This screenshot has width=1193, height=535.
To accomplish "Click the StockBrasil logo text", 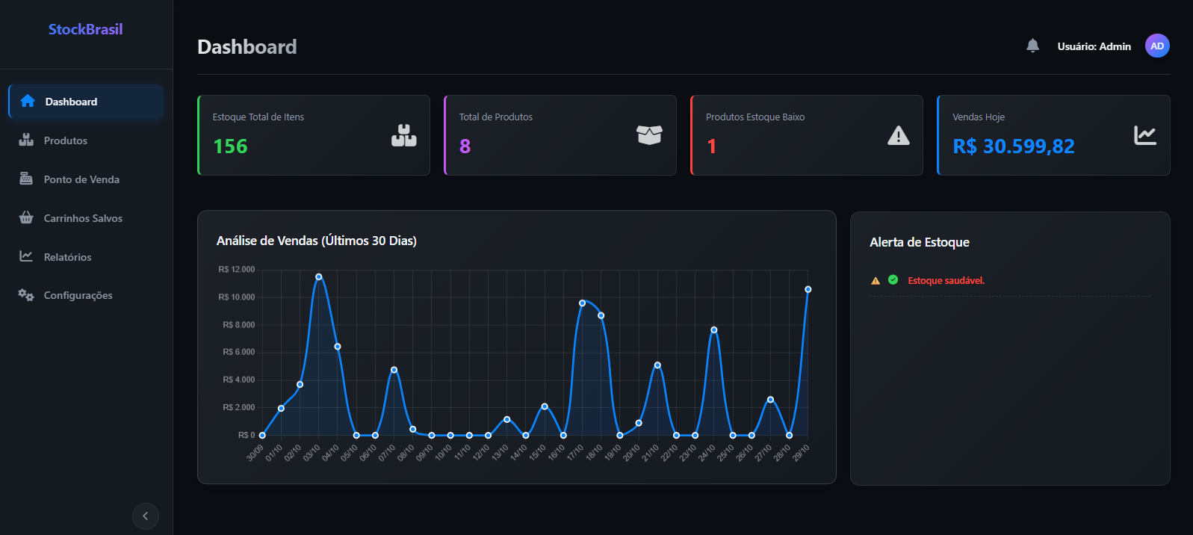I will pos(85,29).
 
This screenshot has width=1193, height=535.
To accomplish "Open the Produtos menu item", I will pos(65,140).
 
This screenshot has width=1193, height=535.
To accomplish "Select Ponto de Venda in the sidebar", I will pos(81,179).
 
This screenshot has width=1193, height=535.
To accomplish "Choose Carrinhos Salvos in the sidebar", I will pos(82,218).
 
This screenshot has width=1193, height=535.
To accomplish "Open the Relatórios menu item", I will pos(67,257).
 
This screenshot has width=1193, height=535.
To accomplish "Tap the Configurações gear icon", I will pos(26,295).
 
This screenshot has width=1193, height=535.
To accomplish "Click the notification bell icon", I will pos(1032,46).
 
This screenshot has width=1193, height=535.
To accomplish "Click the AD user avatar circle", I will pos(1157,46).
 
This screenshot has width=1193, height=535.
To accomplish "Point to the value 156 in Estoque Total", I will pos(230,146).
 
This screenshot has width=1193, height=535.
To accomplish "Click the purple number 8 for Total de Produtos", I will pos(465,146).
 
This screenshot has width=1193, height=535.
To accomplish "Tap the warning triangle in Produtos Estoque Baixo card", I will pos(898,135).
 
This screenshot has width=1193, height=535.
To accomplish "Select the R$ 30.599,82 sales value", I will pos(1013,146).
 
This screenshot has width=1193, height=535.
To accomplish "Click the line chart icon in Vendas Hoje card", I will pos(1144,135).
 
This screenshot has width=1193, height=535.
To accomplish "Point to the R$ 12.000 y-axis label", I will pos(237,270).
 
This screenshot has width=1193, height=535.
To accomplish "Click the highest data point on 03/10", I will pos(319,276).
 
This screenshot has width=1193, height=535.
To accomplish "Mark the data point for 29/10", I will pos(808,289).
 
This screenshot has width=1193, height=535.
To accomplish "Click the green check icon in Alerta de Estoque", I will pos(893,279).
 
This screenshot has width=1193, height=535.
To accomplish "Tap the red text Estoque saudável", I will pos(946,281).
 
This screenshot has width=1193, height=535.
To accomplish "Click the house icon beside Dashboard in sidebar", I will pos(28,102).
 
